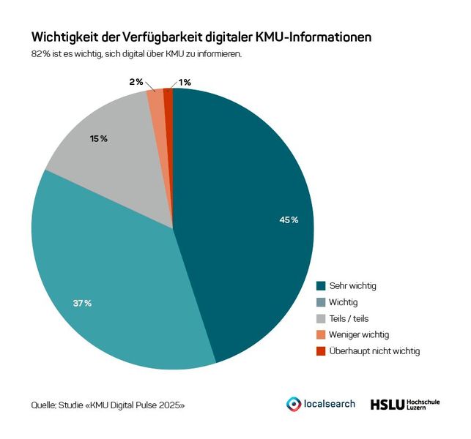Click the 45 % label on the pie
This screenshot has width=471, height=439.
click(x=289, y=219)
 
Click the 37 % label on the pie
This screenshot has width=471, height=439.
click(x=82, y=303)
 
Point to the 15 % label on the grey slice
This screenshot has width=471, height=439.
click(x=99, y=138)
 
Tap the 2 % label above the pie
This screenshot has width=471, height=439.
click(x=136, y=82)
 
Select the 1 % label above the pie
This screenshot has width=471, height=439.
click(x=185, y=82)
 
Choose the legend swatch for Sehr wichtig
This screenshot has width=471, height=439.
click(x=321, y=285)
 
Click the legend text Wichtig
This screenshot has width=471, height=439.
click(x=344, y=301)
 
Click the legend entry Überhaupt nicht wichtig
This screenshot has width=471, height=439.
click(x=374, y=351)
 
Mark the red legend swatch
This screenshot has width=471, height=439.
click(x=321, y=351)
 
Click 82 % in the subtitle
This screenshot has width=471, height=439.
click(x=41, y=55)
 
